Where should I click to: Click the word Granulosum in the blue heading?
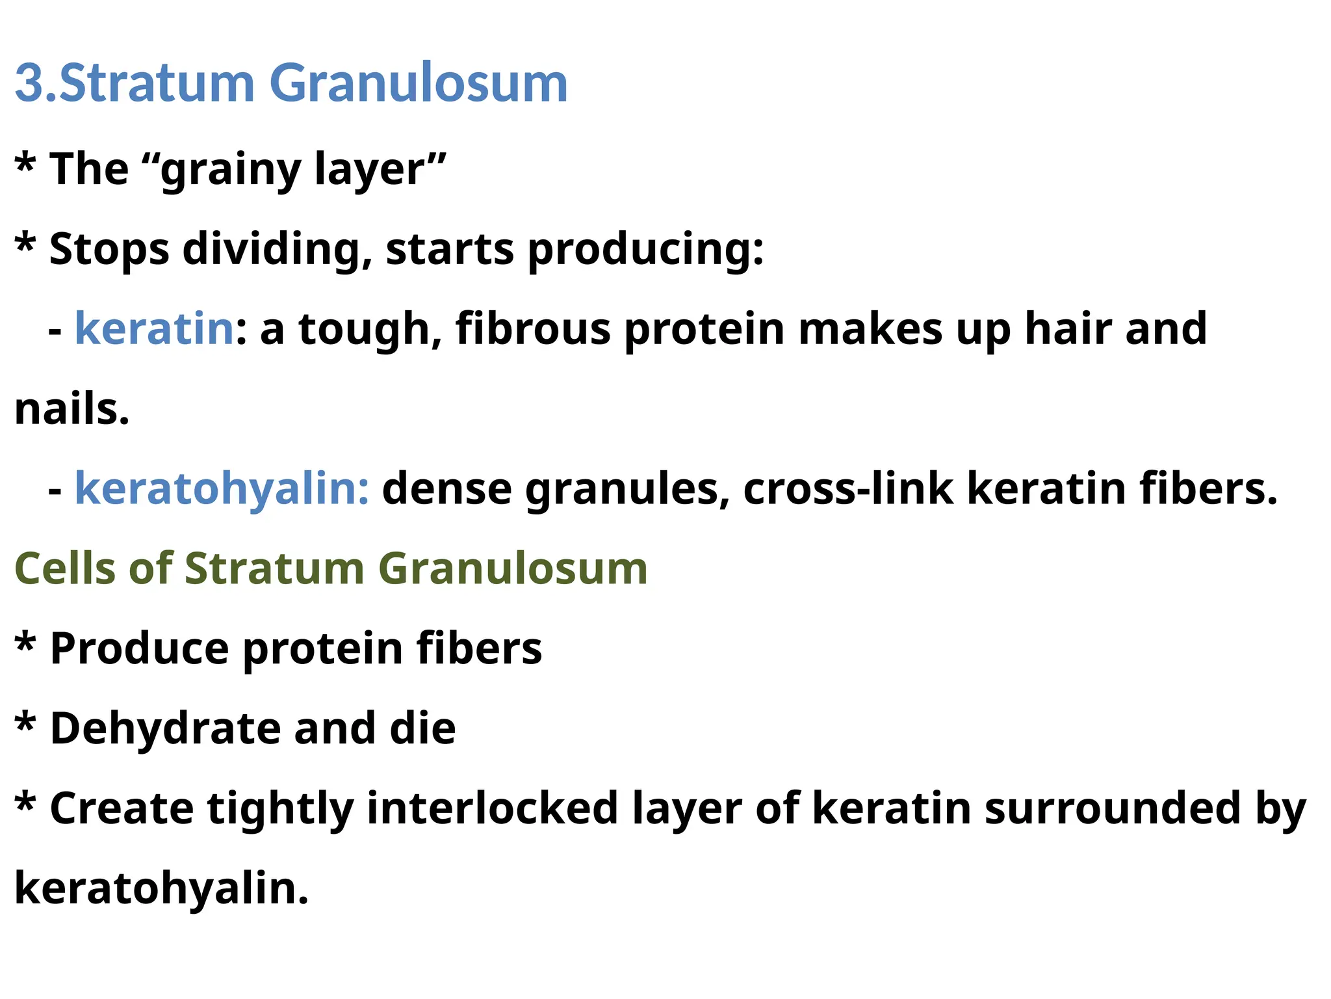[x=419, y=83]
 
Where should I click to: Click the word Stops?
[x=109, y=250]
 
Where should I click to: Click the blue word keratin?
[x=154, y=329]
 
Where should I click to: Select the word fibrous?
[x=533, y=329]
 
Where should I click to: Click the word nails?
[x=71, y=410]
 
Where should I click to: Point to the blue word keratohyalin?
[x=221, y=489]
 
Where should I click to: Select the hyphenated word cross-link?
[x=848, y=489]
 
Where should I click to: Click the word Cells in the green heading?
[x=64, y=568]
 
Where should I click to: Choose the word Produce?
[x=139, y=649]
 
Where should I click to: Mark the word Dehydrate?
[x=165, y=728]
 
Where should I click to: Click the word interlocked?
[x=492, y=808]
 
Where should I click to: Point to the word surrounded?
[x=1112, y=808]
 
